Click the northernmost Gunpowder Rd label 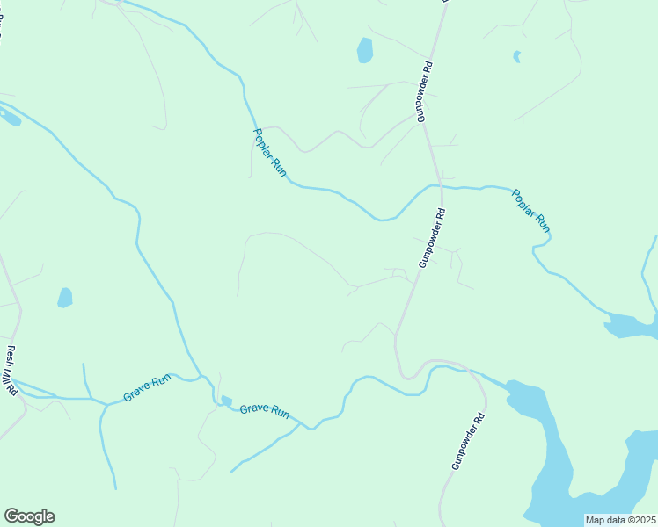[x=425, y=90]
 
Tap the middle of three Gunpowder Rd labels [x=432, y=237]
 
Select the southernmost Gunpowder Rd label [x=468, y=441]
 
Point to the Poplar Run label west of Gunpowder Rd [x=269, y=154]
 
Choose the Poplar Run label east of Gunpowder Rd [x=531, y=210]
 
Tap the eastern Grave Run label [x=265, y=410]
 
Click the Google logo [x=29, y=516]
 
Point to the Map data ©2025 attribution [x=619, y=520]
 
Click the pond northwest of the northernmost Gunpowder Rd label [x=364, y=51]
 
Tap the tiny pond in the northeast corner [x=516, y=57]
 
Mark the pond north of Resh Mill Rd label [x=64, y=298]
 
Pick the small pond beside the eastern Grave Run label [x=226, y=401]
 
